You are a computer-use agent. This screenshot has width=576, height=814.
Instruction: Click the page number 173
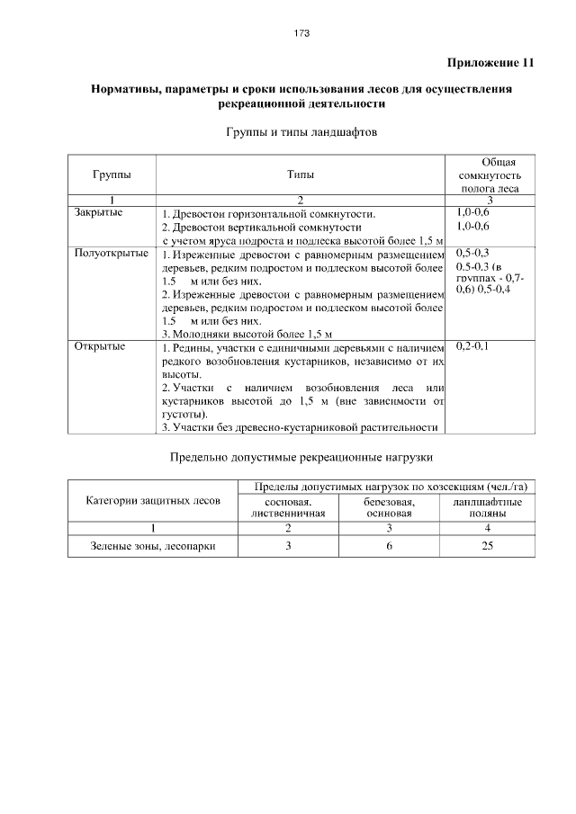tap(301, 33)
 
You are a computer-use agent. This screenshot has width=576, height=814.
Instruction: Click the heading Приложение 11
tap(490, 63)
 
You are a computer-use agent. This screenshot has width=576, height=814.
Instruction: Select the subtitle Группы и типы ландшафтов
tap(301, 132)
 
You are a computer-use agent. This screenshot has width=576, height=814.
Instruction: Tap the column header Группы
tap(111, 174)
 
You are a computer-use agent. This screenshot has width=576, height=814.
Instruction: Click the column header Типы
tap(301, 174)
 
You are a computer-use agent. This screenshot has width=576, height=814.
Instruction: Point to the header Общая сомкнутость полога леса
tap(489, 174)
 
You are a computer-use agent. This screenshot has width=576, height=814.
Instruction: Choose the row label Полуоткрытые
tap(111, 254)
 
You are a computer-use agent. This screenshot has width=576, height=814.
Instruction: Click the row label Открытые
tap(99, 345)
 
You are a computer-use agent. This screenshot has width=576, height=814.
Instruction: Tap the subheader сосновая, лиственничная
tap(288, 506)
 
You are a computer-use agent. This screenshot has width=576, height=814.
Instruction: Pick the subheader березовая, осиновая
tap(389, 506)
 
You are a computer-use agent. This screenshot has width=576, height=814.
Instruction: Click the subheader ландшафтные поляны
tap(487, 506)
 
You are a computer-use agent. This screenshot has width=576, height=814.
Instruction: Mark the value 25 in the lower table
tap(487, 545)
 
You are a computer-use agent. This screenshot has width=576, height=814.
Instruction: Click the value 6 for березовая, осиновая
tap(389, 545)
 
